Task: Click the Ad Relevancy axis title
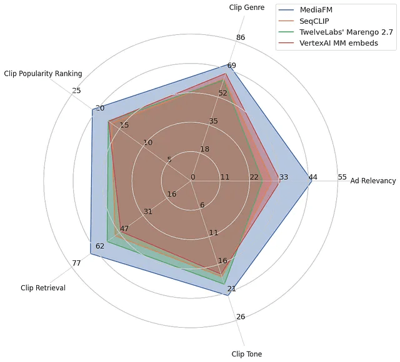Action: pos(373,181)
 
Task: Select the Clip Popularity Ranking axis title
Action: pos(42,74)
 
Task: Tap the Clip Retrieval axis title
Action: pos(43,288)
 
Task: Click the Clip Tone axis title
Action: pos(247,354)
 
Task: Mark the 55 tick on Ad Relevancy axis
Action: pos(342,177)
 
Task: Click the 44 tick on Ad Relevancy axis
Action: pos(312,177)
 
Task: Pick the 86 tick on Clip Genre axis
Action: pos(241,38)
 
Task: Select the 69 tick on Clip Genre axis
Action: pos(231,66)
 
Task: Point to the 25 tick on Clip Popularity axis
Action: pos(76,91)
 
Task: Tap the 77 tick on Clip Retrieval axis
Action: pos(76,263)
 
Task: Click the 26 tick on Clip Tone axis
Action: pos(241,316)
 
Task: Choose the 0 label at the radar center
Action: pos(192,177)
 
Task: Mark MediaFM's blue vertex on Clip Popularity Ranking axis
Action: pos(92,110)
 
